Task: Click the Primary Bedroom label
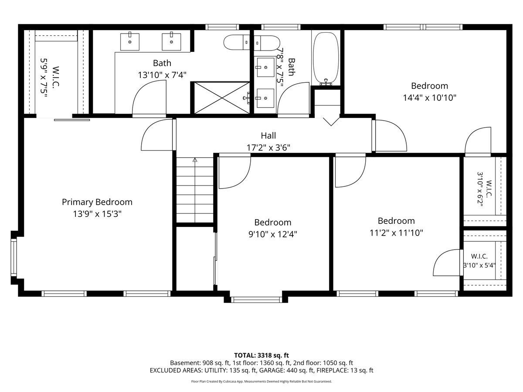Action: point(97,202)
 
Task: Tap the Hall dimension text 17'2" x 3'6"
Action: point(268,148)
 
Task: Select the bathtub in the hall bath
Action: point(326,59)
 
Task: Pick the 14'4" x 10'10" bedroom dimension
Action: point(429,98)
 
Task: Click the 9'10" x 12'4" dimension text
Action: point(272,234)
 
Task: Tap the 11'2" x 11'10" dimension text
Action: point(396,233)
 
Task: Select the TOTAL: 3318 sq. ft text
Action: point(261,355)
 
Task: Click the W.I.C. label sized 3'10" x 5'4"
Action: point(479,257)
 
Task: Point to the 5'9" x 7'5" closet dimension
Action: point(44,78)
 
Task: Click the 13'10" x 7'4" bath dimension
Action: point(162,75)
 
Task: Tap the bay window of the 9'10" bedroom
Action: point(256,299)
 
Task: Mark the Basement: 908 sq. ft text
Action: point(200,363)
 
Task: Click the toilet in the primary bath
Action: point(237,42)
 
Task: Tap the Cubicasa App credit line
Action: point(261,382)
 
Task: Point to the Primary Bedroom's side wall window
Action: point(14,257)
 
